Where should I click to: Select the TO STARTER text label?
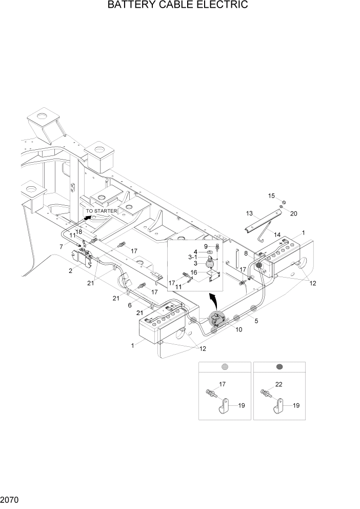[101, 211]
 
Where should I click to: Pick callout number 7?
[61, 247]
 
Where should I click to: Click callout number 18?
[79, 232]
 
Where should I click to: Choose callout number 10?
[239, 329]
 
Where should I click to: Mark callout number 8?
[246, 253]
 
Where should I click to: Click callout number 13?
[249, 213]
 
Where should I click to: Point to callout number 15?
[272, 195]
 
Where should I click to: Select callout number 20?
[294, 213]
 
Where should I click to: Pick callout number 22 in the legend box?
[279, 383]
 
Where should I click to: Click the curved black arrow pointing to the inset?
[213, 297]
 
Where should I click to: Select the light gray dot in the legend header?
[224, 367]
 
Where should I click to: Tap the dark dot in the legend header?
[279, 367]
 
